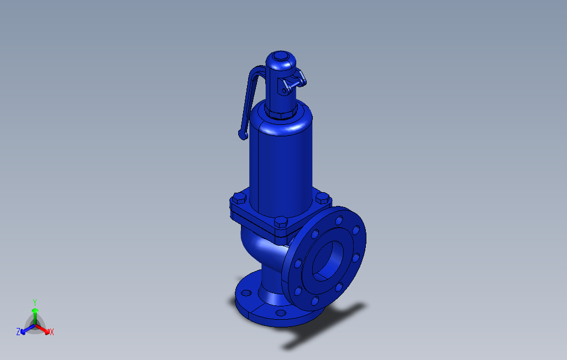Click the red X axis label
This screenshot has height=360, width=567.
[x=52, y=332]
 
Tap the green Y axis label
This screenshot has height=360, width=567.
[x=35, y=302]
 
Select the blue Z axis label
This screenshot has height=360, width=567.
[x=18, y=331]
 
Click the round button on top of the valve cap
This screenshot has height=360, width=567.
[x=280, y=56]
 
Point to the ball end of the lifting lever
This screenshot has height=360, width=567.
[x=243, y=135]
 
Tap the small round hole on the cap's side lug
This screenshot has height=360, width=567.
[x=284, y=91]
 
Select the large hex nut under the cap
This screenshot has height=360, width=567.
[x=281, y=112]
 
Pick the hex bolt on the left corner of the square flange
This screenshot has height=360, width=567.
[x=239, y=198]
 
